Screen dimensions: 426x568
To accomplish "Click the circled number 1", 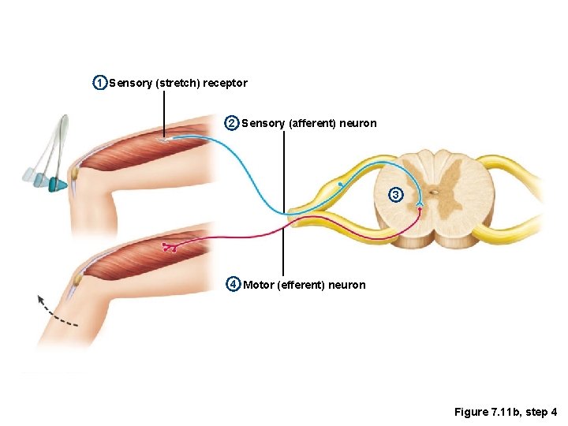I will tap(99, 83).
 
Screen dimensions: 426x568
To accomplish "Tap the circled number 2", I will tap(231, 123).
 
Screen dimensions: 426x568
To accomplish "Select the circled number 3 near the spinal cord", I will tap(397, 194).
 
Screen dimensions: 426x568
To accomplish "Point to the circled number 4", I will tap(233, 284).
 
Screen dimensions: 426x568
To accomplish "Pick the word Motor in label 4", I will tap(259, 285).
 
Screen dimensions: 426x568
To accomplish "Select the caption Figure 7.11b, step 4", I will tap(506, 412).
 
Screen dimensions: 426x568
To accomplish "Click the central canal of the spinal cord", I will tap(433, 191).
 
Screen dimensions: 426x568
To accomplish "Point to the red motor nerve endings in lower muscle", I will tap(169, 248).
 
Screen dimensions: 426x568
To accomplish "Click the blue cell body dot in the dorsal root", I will tap(339, 184).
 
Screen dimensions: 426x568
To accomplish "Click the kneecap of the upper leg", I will tap(74, 171).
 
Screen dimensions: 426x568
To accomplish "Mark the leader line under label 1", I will tap(165, 114).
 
